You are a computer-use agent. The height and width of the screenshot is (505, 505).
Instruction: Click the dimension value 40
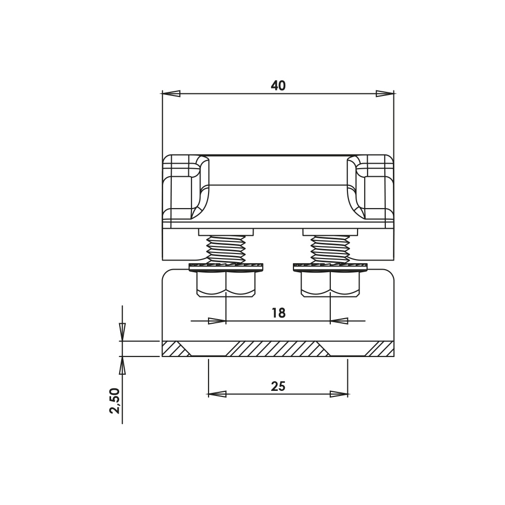pos(278,86)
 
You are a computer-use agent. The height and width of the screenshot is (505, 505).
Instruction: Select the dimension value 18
pos(278,313)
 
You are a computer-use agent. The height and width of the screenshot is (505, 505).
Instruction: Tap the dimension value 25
pos(278,386)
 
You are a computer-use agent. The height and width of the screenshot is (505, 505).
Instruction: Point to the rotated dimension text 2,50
pos(115,400)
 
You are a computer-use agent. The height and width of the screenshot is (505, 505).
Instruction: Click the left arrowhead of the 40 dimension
pos(171,94)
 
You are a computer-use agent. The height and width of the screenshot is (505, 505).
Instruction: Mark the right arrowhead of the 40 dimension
pos(385,94)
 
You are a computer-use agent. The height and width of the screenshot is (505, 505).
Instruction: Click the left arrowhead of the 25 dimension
pos(217,394)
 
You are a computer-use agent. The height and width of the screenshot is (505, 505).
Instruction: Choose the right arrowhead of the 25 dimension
pos(339,394)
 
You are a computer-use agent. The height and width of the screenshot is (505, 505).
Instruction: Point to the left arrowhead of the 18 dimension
pos(217,321)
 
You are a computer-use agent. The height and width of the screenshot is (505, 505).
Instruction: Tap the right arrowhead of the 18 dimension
pos(339,321)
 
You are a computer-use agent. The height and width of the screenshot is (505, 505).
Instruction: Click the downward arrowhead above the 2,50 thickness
pos(122,332)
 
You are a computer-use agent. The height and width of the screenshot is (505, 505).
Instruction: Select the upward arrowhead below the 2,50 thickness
pos(122,366)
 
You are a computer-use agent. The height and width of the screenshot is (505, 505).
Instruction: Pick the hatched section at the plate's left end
pos(173,348)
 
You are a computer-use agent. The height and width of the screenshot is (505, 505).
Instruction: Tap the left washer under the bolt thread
pos(226,267)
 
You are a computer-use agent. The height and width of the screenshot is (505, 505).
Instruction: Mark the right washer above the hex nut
pos(330,267)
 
